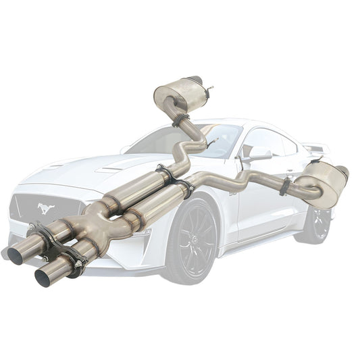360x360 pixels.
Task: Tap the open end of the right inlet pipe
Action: coord(45,277)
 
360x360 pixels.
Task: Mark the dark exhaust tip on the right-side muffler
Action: coord(344,172)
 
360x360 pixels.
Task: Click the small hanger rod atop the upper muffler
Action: coord(211,88)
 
